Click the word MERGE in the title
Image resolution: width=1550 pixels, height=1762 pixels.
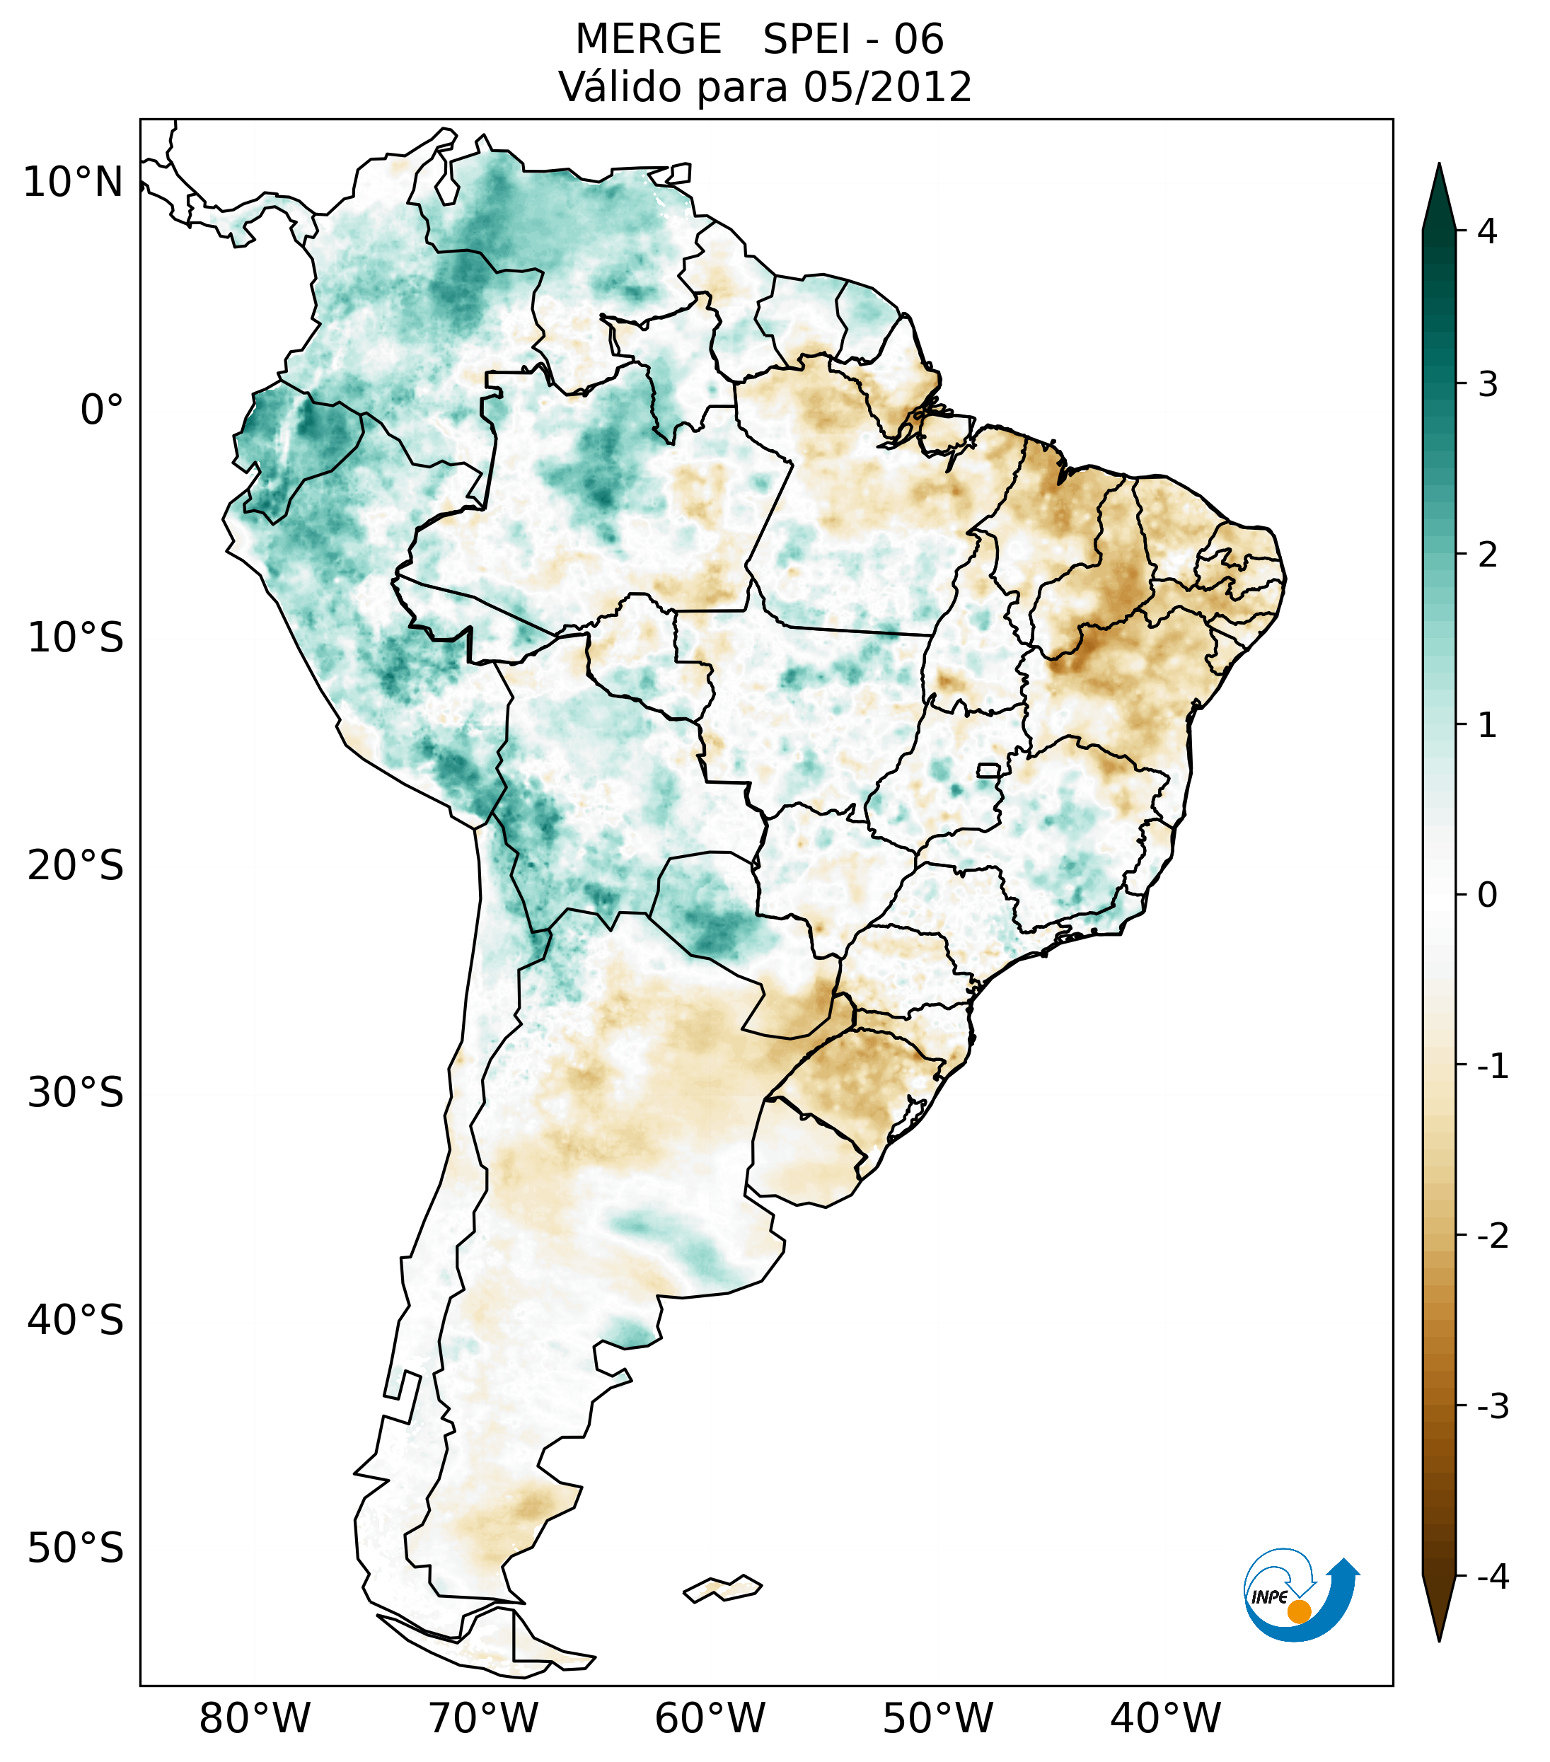pyautogui.click(x=648, y=40)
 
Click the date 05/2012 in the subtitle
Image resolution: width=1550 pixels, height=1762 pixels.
pyautogui.click(x=887, y=87)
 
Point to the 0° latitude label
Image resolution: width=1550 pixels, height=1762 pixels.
pyautogui.click(x=102, y=410)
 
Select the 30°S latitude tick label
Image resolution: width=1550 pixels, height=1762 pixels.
pyautogui.click(x=76, y=1093)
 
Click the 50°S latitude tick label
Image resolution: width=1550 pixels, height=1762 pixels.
pyautogui.click(x=76, y=1548)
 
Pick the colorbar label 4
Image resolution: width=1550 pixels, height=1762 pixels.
pyautogui.click(x=1487, y=231)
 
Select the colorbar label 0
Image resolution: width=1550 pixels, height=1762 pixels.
pyautogui.click(x=1487, y=896)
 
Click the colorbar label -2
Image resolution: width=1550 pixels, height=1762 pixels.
pyautogui.click(x=1492, y=1236)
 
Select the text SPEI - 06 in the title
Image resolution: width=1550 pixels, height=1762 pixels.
pyautogui.click(x=853, y=40)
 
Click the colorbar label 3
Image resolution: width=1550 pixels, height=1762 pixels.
pyautogui.click(x=1487, y=385)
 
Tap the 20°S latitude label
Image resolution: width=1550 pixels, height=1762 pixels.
pyautogui.click(x=76, y=866)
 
